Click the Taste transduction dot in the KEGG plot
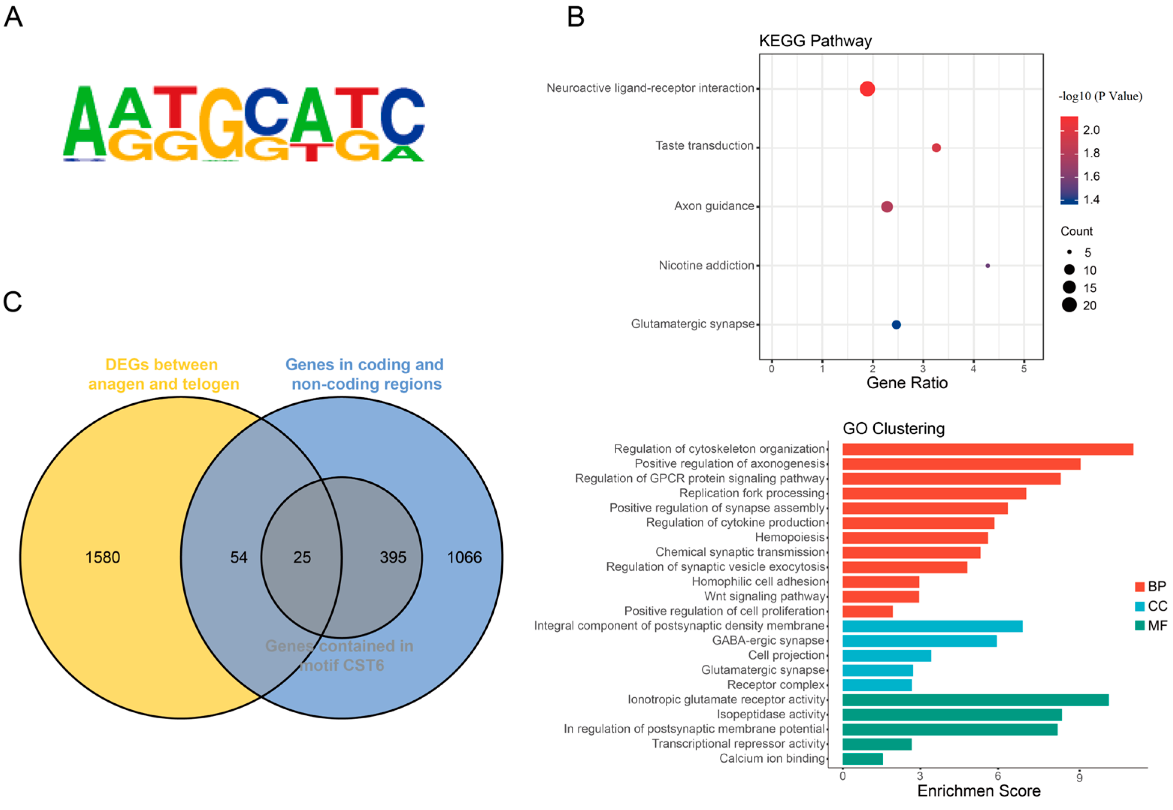[x=936, y=148]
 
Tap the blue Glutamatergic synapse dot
[x=896, y=325]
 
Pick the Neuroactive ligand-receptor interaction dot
[x=867, y=89]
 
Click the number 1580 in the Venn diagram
[x=103, y=557]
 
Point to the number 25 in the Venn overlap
[x=302, y=557]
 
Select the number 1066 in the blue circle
[x=464, y=557]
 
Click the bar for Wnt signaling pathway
[x=881, y=596]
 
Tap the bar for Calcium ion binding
[x=862, y=759]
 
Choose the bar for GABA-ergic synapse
[x=919, y=641]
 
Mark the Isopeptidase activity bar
[x=952, y=715]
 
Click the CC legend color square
[x=1140, y=606]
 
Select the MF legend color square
[x=1140, y=626]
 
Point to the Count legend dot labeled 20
[x=1069, y=305]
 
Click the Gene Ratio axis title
[x=907, y=383]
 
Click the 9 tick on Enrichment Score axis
[x=1079, y=777]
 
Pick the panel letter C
[x=13, y=302]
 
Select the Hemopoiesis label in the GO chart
[x=790, y=537]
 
